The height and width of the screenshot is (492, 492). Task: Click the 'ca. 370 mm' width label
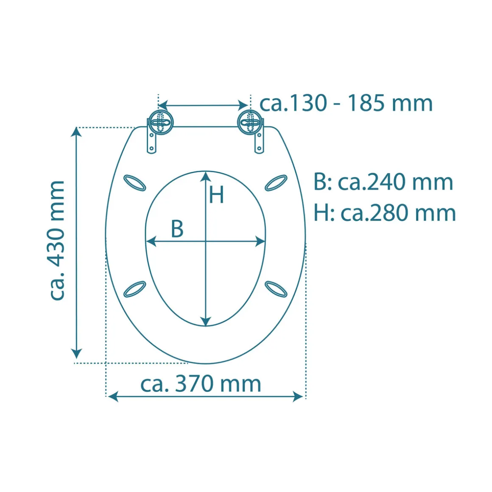coord(201,383)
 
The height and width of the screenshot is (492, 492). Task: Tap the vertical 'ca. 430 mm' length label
coord(57,240)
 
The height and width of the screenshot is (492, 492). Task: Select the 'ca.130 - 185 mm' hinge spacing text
coord(346,103)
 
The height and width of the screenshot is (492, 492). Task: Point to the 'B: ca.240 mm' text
coord(383,182)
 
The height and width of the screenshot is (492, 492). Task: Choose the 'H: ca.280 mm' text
coord(385,213)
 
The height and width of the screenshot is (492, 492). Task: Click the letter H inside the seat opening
coord(216,195)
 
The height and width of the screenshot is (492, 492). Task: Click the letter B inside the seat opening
coord(177,229)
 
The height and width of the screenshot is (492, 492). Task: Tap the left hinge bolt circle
coord(160,122)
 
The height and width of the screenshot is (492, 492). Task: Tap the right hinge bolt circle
coord(250,122)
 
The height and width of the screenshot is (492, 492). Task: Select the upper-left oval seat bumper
coord(134,183)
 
